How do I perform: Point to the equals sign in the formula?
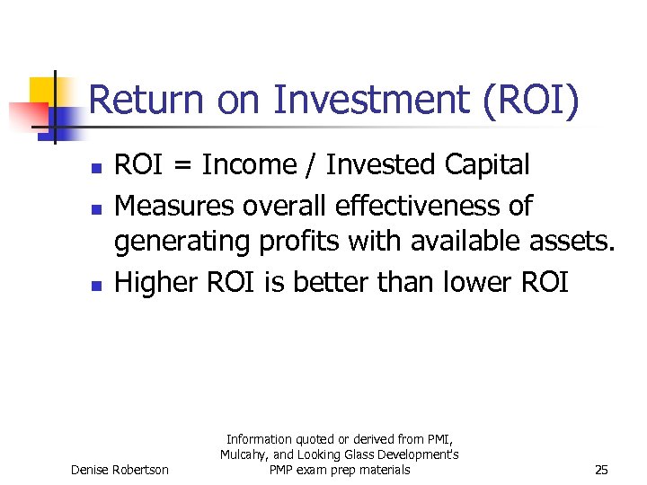tap(184, 166)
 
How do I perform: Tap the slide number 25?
tap(601, 470)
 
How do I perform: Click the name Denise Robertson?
tap(120, 470)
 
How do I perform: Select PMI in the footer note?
tap(440, 439)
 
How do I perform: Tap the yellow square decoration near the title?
tap(43, 90)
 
